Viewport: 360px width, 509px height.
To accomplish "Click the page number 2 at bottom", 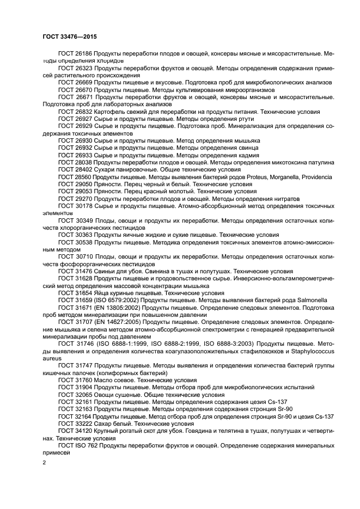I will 44,462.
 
